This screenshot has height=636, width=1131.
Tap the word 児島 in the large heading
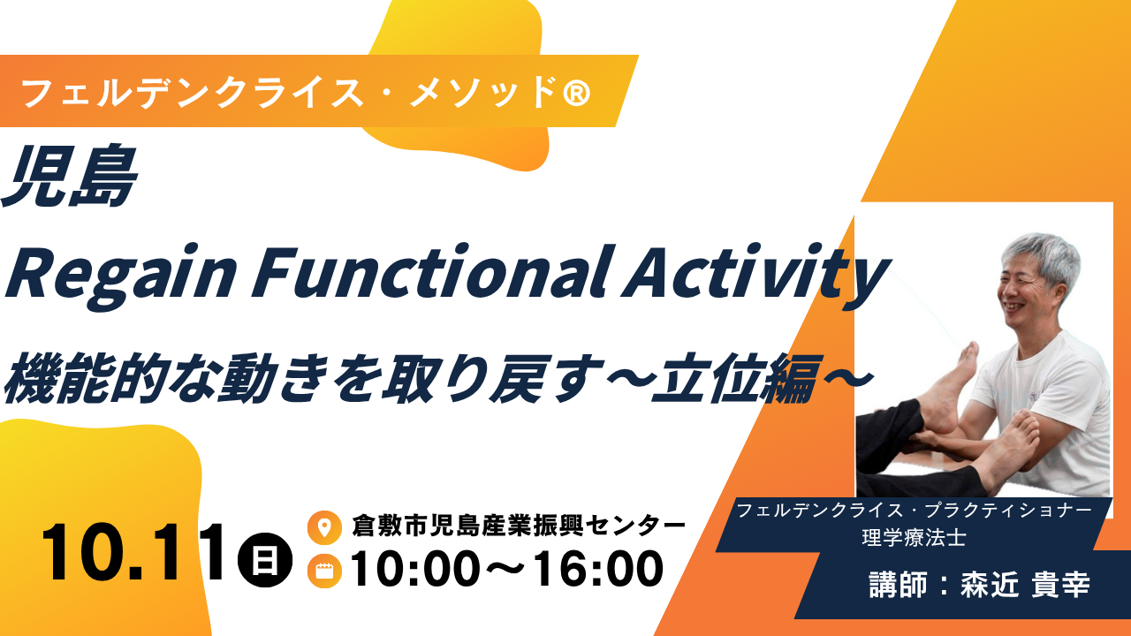[70, 177]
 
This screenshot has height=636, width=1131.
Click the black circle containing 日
[265, 560]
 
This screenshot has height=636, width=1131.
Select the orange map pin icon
[324, 527]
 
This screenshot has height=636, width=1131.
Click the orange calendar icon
[324, 571]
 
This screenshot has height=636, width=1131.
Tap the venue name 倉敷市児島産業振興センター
[519, 526]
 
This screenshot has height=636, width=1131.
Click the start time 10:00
[415, 569]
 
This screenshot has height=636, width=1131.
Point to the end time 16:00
[599, 569]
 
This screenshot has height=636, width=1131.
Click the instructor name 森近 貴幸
[1025, 585]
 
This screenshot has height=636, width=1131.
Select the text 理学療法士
[914, 538]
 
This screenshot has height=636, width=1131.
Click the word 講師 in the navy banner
[899, 585]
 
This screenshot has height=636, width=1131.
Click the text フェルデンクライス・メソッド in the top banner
[291, 94]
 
